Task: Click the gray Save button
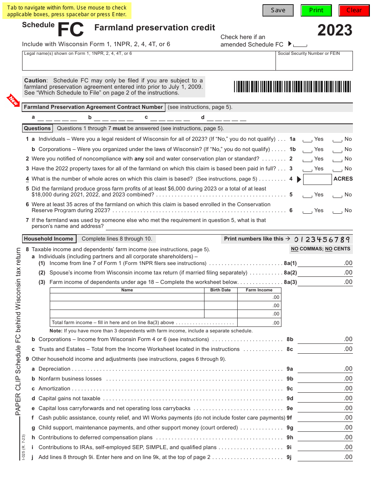point(278,10)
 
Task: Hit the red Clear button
point(354,10)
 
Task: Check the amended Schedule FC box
point(300,45)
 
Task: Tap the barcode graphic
point(292,86)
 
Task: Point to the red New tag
point(14,101)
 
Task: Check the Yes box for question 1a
point(307,140)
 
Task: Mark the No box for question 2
point(337,159)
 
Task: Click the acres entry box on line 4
point(317,179)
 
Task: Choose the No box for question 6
point(337,211)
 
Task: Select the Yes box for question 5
point(307,195)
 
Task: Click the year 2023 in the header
point(335,30)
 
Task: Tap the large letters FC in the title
point(71,30)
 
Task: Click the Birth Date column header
point(220,290)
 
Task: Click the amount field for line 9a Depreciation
point(325,369)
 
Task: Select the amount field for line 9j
point(325,457)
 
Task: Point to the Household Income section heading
point(49,239)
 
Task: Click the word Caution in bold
point(35,80)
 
